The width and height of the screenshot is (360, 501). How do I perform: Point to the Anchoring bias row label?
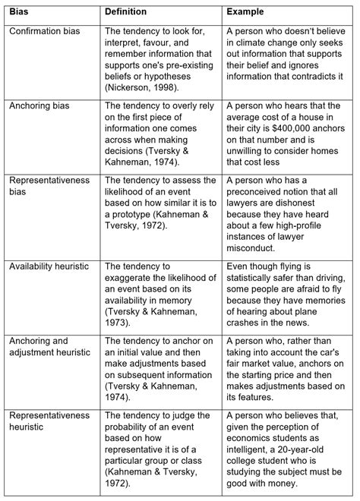(x=41, y=107)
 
